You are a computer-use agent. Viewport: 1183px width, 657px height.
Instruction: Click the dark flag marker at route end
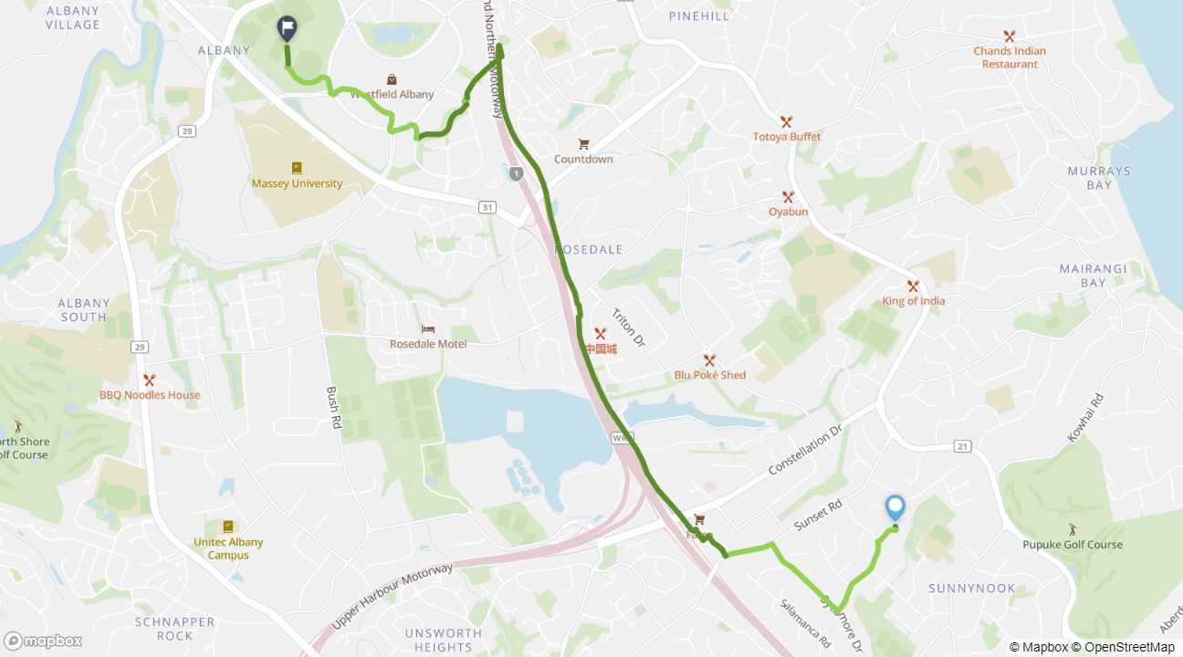point(287,29)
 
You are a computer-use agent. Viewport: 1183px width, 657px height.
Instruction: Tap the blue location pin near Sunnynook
point(895,507)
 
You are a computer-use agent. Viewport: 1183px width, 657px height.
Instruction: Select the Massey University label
point(297,183)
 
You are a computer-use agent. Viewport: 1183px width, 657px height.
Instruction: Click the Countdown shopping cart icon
point(583,143)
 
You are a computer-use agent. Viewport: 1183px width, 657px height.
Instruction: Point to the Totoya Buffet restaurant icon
point(786,121)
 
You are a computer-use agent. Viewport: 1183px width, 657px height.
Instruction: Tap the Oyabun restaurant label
point(788,212)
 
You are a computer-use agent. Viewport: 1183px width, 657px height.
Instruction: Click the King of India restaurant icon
point(913,286)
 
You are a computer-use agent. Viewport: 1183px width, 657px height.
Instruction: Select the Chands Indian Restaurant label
point(1010,57)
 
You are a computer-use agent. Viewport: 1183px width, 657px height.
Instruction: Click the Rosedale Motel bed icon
point(428,329)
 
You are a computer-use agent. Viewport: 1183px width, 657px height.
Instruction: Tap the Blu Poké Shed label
point(709,375)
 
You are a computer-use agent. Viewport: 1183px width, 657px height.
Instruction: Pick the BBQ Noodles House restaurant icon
point(150,380)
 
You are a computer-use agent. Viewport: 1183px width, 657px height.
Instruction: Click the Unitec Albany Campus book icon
point(228,527)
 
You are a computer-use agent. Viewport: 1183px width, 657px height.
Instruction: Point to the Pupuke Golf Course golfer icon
point(1073,529)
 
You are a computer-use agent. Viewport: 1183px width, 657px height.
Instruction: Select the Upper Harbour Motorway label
point(392,596)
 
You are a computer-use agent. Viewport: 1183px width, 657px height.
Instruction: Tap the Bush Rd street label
point(334,407)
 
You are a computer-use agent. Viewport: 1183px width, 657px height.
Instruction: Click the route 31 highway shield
point(487,208)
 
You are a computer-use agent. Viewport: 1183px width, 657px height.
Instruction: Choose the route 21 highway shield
point(962,445)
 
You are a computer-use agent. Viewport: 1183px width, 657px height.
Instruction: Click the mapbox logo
point(43,641)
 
